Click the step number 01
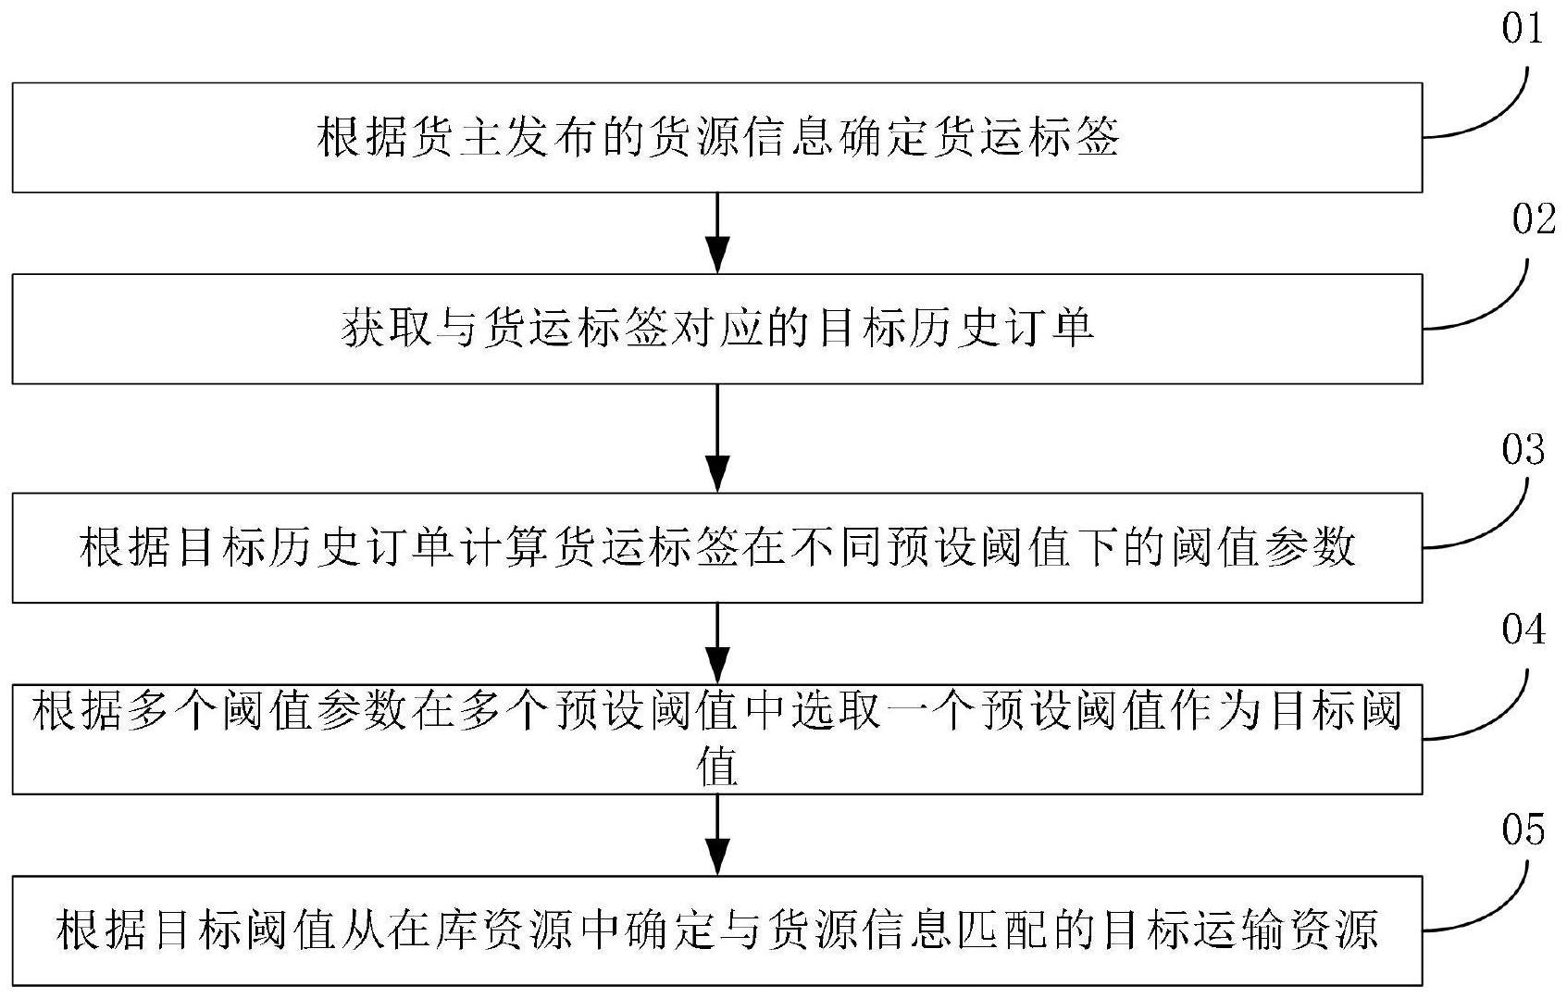(x=1523, y=30)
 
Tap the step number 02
(x=1534, y=219)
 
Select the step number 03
(x=1523, y=449)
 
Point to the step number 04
(x=1523, y=630)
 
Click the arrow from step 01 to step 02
(x=717, y=233)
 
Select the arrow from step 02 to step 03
(x=717, y=439)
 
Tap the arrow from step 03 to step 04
(x=717, y=643)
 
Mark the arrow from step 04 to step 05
(x=717, y=835)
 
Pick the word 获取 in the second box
(x=387, y=328)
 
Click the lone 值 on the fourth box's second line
(x=717, y=767)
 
